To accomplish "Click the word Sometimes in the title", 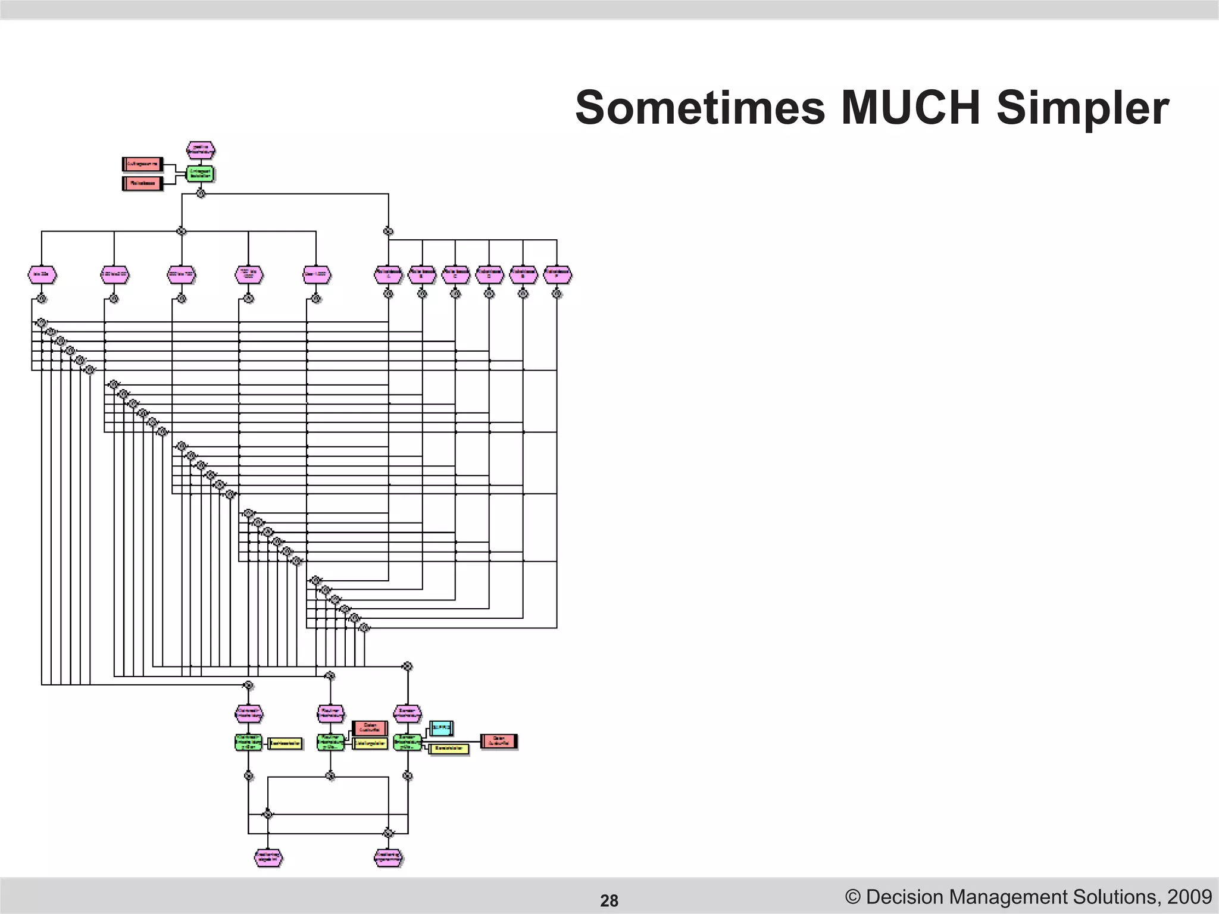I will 700,108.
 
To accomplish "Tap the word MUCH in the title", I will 911,108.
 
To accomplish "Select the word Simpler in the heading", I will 1083,108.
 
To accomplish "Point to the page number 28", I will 609,901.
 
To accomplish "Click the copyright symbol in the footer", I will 853,897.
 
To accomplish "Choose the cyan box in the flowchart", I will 441,728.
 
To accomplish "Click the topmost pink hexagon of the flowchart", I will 201,150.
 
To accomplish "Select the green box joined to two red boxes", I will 200,174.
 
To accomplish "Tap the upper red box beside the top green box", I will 143,164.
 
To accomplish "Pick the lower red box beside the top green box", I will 143,183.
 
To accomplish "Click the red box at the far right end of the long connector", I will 499,741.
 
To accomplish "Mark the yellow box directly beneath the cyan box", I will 449,749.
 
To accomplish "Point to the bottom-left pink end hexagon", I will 268,857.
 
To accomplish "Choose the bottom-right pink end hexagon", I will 389,857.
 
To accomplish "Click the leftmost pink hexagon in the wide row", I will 42,274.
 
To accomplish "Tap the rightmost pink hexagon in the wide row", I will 557,274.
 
